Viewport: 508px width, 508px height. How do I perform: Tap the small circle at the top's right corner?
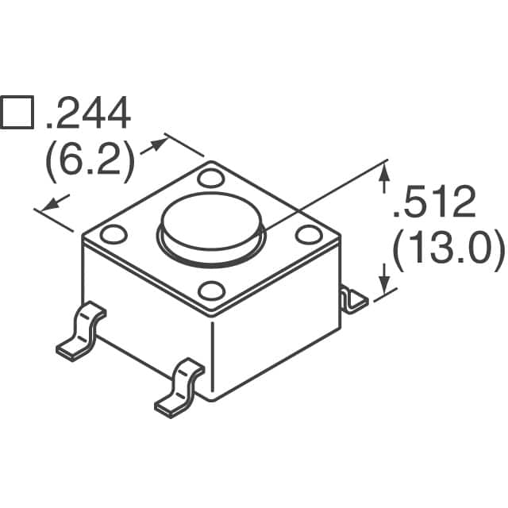(x=306, y=234)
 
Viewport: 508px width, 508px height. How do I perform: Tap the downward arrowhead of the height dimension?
(x=385, y=286)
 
